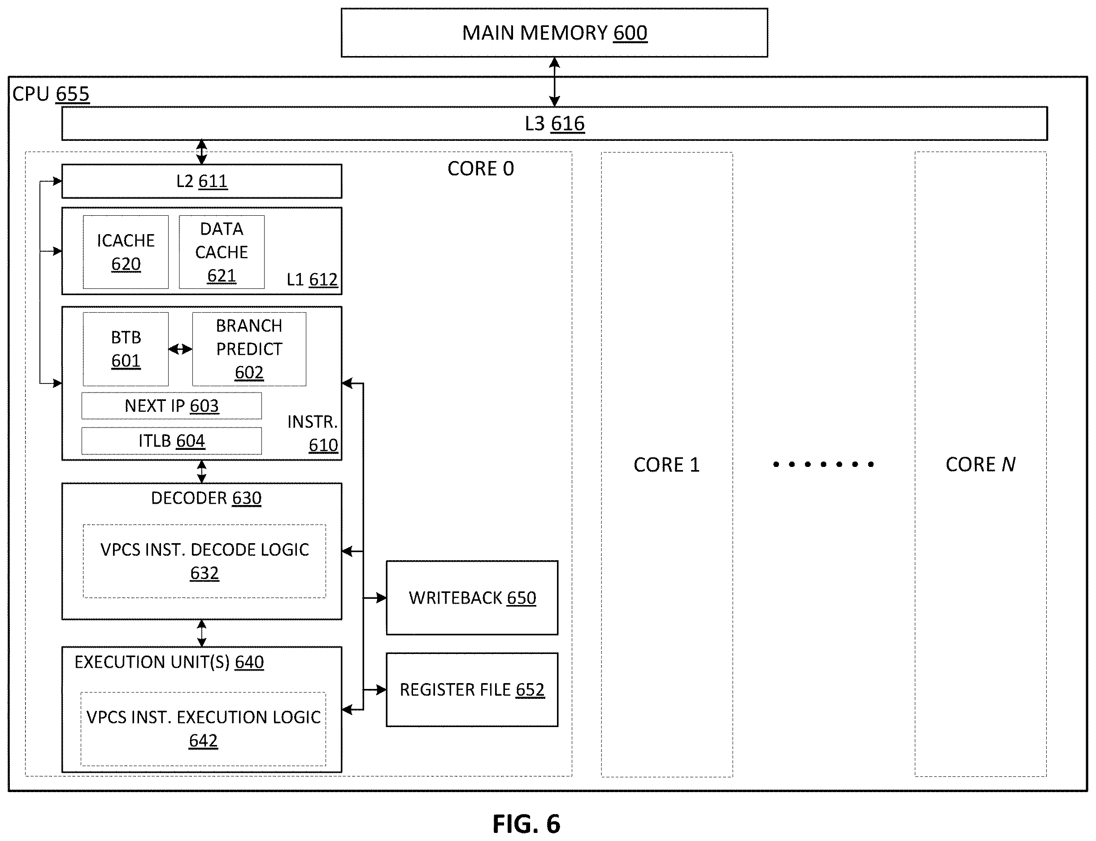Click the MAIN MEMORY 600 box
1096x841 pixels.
555,33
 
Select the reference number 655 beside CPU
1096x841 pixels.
73,94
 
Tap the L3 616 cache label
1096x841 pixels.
555,124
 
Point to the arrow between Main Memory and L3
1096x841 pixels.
555,82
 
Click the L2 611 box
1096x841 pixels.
202,181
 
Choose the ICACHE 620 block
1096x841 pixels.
126,252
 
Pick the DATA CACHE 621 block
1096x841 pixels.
222,252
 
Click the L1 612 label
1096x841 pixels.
312,279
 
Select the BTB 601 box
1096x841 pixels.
126,349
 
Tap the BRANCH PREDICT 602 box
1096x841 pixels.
249,349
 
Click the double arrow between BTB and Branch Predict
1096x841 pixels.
180,349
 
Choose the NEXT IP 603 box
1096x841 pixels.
172,405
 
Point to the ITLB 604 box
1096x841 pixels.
172,440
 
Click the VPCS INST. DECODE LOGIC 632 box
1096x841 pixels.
204,561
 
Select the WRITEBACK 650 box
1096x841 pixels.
472,598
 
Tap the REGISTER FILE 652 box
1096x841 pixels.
472,689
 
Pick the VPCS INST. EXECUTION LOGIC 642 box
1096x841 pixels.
203,729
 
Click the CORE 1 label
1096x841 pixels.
666,465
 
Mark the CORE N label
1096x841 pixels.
980,465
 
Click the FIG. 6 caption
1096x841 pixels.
526,824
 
